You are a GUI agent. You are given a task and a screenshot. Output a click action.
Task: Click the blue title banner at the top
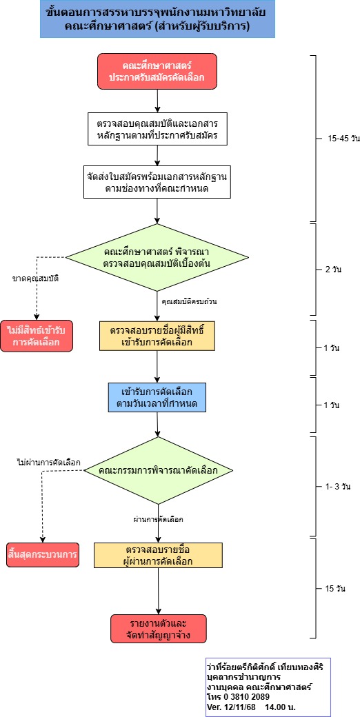(x=158, y=19)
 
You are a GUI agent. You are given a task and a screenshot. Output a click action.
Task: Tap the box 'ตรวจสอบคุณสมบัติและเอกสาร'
(x=158, y=129)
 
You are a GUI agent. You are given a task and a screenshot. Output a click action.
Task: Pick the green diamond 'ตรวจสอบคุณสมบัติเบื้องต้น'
(x=157, y=257)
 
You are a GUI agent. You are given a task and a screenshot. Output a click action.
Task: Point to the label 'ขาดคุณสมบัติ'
(x=36, y=278)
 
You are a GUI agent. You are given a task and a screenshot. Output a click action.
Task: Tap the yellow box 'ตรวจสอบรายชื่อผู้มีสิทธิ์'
(x=158, y=336)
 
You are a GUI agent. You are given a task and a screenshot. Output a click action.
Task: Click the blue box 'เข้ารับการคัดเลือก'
(x=157, y=396)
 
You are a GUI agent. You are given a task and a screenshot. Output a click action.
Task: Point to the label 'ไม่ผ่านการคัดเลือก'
(x=48, y=462)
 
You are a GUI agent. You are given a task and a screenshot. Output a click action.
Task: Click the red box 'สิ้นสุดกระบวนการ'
(x=42, y=554)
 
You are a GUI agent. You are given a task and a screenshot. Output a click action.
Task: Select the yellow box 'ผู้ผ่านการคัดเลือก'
(x=158, y=555)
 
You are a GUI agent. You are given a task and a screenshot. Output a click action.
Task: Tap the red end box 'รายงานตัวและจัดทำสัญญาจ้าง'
(x=158, y=628)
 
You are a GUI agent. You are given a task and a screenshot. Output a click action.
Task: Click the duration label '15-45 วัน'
(x=343, y=139)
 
